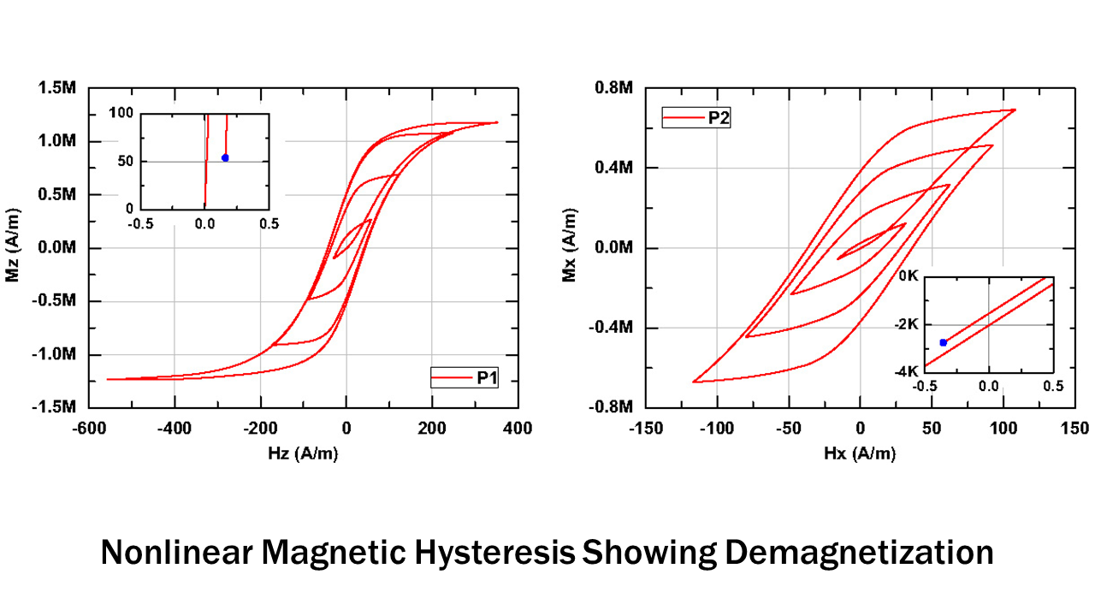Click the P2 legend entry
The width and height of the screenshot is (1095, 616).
coord(695,118)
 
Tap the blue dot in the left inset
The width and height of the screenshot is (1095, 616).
coord(225,157)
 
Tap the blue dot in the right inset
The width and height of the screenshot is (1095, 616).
coord(943,342)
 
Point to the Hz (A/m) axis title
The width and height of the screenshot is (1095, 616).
coord(303,454)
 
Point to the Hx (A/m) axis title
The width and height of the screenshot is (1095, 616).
coord(860,454)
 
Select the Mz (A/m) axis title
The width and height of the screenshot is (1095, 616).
coord(13,247)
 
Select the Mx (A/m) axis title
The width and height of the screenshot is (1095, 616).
coord(570,247)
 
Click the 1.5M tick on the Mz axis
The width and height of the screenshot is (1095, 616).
coord(58,88)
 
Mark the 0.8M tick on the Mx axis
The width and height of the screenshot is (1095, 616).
coord(614,88)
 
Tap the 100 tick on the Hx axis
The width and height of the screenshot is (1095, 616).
coord(1003,429)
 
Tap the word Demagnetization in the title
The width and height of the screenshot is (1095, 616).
coord(859,554)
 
